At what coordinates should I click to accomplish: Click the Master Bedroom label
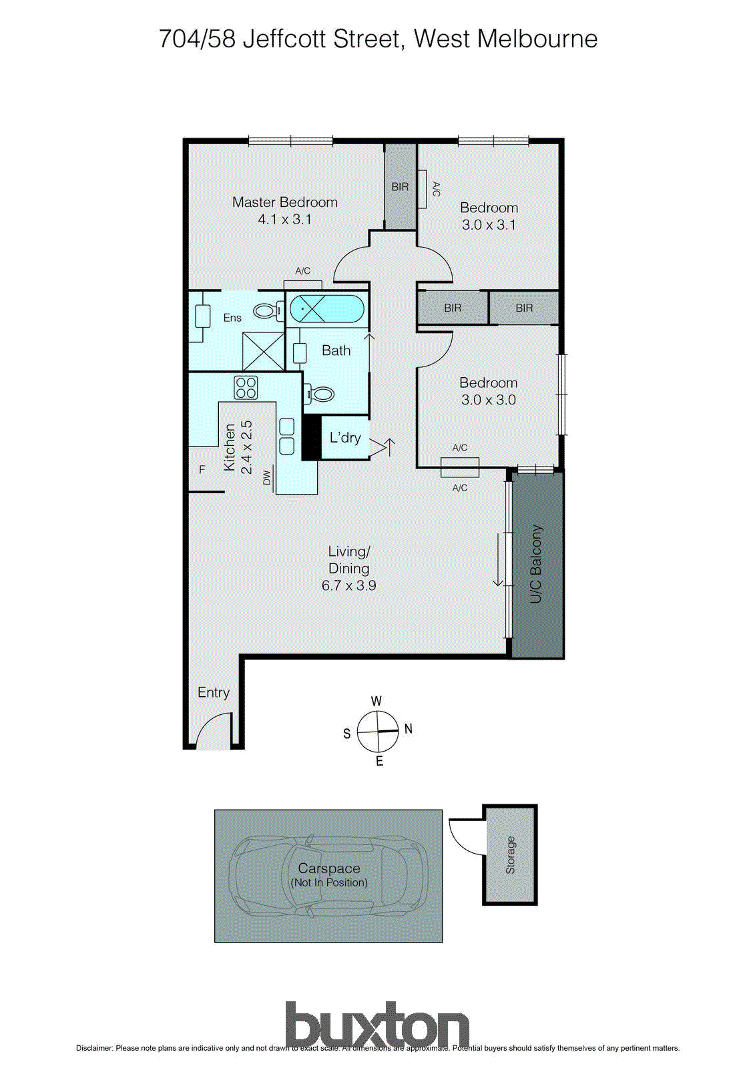click(x=284, y=202)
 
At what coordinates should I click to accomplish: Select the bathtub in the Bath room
click(x=327, y=310)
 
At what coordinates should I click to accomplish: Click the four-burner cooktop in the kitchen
click(x=246, y=388)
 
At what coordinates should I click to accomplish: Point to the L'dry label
click(x=345, y=438)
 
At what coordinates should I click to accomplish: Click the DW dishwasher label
click(x=267, y=477)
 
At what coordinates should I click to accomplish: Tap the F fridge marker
click(x=202, y=470)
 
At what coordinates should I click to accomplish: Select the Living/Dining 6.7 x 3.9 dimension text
click(x=348, y=585)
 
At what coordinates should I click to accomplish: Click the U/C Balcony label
click(x=536, y=564)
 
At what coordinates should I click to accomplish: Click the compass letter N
click(x=409, y=729)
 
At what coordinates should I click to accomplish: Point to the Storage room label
click(x=511, y=855)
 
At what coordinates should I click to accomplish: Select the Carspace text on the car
click(x=329, y=868)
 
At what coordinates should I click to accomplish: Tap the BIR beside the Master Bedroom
click(x=400, y=187)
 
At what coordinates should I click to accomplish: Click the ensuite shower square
click(x=263, y=351)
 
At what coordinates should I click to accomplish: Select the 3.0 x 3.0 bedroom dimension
click(x=488, y=400)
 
